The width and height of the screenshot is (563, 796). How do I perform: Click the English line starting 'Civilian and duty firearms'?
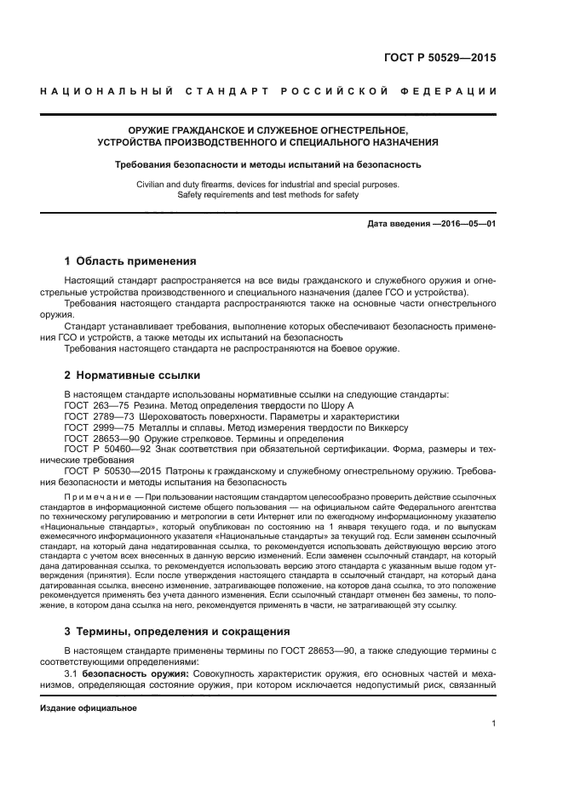click(267, 184)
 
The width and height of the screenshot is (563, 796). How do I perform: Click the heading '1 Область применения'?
click(130, 261)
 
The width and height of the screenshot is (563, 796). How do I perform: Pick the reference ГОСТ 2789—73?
click(98, 416)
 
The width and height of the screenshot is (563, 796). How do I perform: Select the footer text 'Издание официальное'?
click(88, 708)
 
